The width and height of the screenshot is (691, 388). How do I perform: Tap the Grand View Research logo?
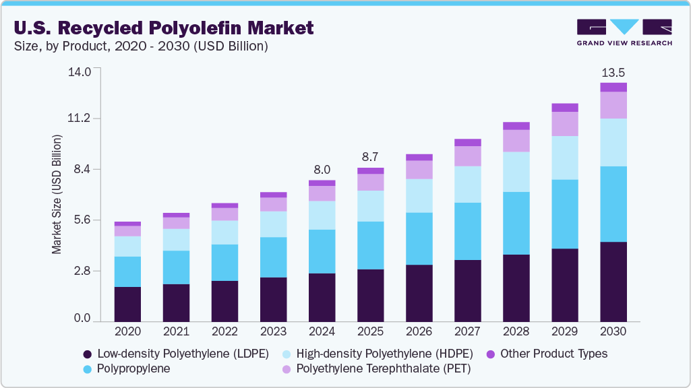coord(624,32)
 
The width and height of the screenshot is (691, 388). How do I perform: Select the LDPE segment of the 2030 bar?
coord(613,281)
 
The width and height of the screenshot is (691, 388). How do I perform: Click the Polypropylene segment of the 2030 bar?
coord(613,203)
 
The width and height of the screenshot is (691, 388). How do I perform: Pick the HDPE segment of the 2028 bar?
coord(516,172)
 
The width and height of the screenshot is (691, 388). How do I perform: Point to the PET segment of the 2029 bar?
coord(565,124)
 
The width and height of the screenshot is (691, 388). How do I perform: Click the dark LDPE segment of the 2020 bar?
coord(127,304)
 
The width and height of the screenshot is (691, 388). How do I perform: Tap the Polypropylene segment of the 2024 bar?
coord(322,251)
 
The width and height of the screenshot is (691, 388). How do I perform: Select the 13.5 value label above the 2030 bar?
coord(613,72)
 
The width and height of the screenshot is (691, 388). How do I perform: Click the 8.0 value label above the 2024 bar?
coord(322,170)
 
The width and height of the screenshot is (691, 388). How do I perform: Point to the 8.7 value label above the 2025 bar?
coord(370,157)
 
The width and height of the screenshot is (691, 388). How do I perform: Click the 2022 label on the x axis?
coord(224,332)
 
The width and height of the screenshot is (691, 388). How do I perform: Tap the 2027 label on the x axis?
coord(468,332)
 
